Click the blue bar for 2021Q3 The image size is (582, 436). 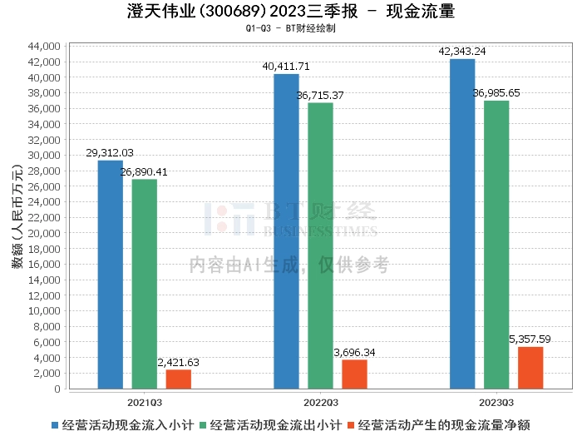point(110,275)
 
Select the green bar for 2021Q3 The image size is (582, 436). point(144,284)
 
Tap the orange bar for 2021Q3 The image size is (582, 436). point(178,379)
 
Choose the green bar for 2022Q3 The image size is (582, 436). point(320,245)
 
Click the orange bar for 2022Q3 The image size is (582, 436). point(354,374)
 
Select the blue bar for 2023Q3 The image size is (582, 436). point(462,224)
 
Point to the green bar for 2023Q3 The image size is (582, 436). point(496,245)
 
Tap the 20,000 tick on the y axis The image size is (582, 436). point(45,233)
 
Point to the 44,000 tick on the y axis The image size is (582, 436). point(45,46)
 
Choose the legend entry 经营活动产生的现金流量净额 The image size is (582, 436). point(444,424)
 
